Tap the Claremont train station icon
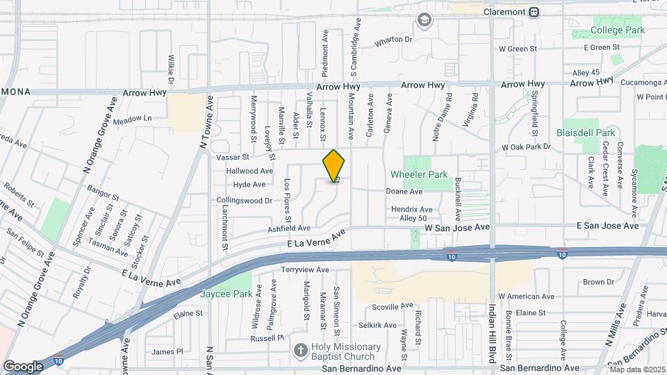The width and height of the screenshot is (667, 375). click(x=534, y=12)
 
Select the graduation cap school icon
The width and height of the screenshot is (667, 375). click(x=423, y=20)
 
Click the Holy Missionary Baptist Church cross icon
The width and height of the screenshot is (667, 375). click(x=301, y=351)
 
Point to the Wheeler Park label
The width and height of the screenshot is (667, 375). click(x=419, y=174)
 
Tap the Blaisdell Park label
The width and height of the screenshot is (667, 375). click(x=586, y=132)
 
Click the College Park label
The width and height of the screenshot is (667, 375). click(x=618, y=31)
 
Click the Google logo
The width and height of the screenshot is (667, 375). click(x=23, y=366)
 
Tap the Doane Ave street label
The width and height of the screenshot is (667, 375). click(x=405, y=192)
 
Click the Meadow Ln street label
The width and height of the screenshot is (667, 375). click(x=132, y=119)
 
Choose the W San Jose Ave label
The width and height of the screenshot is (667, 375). click(x=458, y=227)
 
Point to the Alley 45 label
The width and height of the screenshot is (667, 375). click(x=586, y=73)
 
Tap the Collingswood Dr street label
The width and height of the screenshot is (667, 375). click(x=244, y=200)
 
